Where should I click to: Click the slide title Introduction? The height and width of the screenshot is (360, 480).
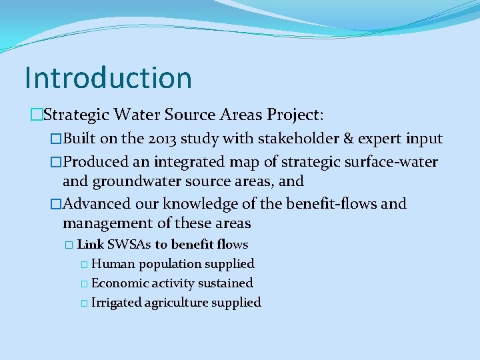coord(108,78)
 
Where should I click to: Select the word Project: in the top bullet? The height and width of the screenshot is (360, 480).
coord(295,115)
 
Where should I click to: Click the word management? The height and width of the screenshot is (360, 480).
coord(108,223)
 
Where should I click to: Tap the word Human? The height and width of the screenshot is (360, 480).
coord(113,264)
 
